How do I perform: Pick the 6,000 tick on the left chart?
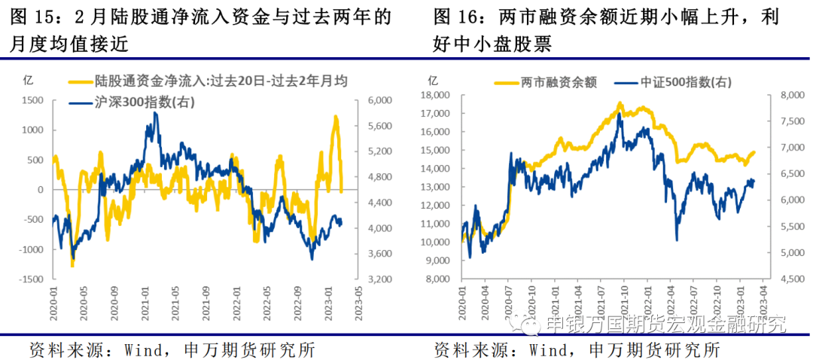[378, 100]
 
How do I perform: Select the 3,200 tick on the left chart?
[378, 279]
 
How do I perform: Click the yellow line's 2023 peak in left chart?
[336, 116]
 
